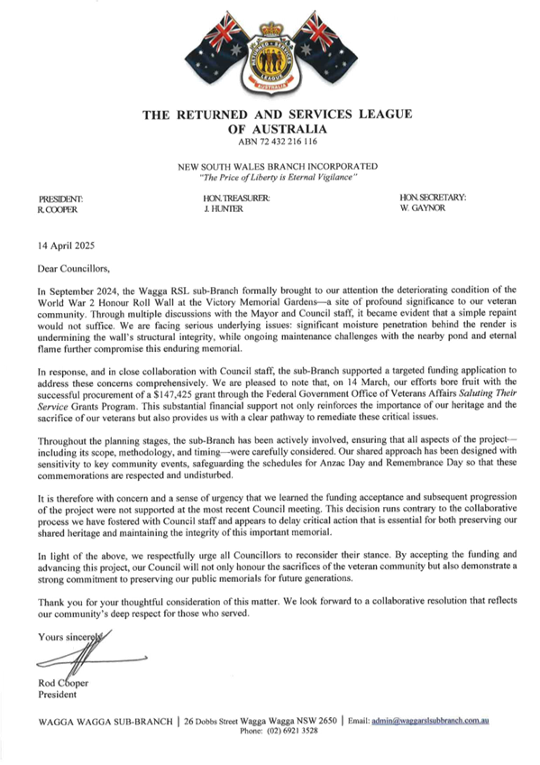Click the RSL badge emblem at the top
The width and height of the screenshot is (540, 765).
tap(271, 63)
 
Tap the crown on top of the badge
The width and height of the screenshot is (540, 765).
tap(271, 29)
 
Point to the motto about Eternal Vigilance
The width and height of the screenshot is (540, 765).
tap(278, 178)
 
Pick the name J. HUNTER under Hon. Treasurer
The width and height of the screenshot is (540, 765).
tap(224, 208)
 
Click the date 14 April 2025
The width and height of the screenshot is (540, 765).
tap(67, 245)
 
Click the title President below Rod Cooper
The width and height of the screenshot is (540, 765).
tap(57, 695)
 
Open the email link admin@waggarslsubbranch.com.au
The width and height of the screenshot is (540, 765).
tap(430, 720)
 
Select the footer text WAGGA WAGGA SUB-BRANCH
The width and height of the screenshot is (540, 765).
tap(105, 721)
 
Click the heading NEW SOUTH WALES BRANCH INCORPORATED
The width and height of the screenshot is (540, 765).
tap(278, 166)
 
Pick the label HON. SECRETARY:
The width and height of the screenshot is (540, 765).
tap(433, 198)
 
